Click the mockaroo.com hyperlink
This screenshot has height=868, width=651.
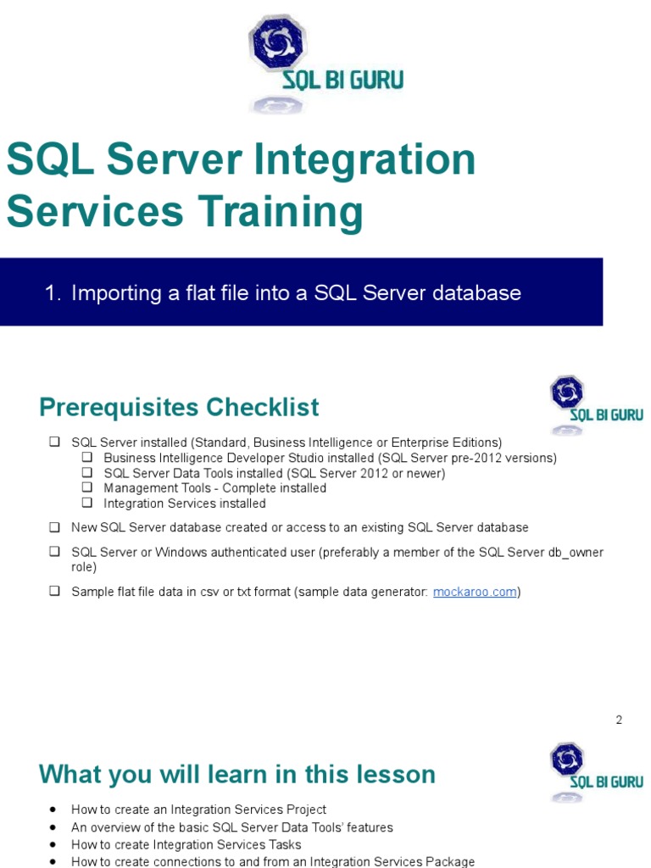pyautogui.click(x=475, y=592)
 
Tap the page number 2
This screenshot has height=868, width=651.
pyautogui.click(x=619, y=720)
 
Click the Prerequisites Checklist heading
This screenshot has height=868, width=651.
pyautogui.click(x=179, y=408)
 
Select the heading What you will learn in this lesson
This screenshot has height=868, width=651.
pyautogui.click(x=237, y=774)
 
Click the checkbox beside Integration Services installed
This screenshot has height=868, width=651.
pyautogui.click(x=86, y=503)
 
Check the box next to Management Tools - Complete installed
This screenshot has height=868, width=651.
pyautogui.click(x=86, y=487)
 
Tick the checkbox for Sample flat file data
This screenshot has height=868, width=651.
pyautogui.click(x=54, y=592)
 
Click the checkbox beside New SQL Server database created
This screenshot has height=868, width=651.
pyautogui.click(x=54, y=527)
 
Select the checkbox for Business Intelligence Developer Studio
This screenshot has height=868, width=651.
pyautogui.click(x=86, y=458)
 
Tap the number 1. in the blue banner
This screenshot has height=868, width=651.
pyautogui.click(x=53, y=293)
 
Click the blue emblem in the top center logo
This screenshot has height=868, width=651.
pyautogui.click(x=276, y=42)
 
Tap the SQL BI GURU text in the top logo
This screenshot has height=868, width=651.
pyautogui.click(x=342, y=81)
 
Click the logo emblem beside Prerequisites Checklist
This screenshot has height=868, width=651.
pyautogui.click(x=566, y=393)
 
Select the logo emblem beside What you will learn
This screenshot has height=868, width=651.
pyautogui.click(x=566, y=759)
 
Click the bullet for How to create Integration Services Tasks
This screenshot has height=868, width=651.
pyautogui.click(x=54, y=844)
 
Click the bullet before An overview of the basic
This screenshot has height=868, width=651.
pyautogui.click(x=54, y=827)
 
